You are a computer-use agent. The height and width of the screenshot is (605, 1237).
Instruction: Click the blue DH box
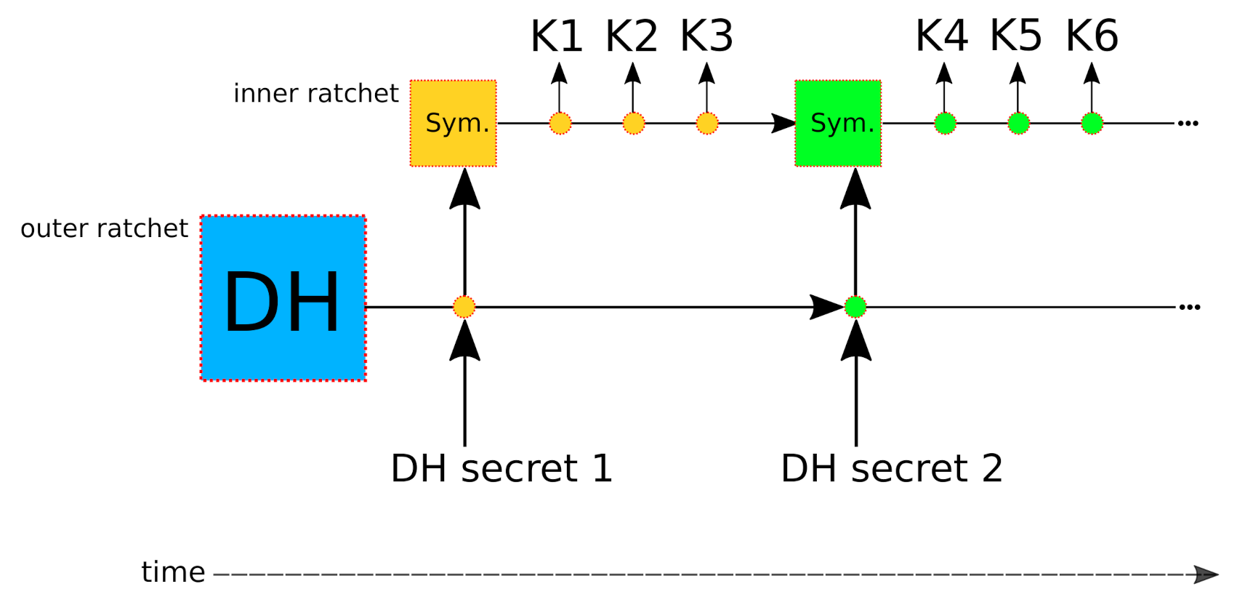click(x=283, y=298)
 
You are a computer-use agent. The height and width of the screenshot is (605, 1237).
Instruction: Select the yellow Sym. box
click(x=454, y=123)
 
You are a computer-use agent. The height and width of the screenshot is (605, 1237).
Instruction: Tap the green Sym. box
click(x=838, y=123)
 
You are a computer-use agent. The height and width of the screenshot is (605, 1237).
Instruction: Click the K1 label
click(x=557, y=36)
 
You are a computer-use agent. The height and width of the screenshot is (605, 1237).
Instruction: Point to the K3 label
click(x=706, y=36)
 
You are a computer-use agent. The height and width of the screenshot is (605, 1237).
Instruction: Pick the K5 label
click(x=1016, y=36)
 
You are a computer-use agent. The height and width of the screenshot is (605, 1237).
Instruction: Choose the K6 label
click(x=1092, y=36)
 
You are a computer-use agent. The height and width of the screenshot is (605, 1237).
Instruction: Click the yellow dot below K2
click(x=633, y=123)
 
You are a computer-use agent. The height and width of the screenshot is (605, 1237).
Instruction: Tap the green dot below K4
click(x=945, y=123)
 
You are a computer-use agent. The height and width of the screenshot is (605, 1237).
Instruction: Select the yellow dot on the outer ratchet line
click(x=464, y=307)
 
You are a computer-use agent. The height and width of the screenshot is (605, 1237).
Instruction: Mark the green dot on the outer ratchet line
click(x=855, y=307)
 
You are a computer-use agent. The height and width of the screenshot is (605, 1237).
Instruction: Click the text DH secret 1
click(x=501, y=468)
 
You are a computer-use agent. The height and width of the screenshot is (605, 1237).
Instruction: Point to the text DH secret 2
click(x=892, y=468)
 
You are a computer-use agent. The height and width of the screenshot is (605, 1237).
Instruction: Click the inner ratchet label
click(x=315, y=94)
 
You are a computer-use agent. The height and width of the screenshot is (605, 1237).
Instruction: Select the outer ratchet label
click(x=104, y=228)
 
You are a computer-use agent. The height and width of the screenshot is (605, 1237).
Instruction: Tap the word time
click(x=173, y=573)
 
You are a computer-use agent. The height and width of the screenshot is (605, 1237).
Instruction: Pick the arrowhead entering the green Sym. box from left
click(x=783, y=123)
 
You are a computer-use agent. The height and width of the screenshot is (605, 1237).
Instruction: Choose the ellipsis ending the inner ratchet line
click(x=1188, y=123)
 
